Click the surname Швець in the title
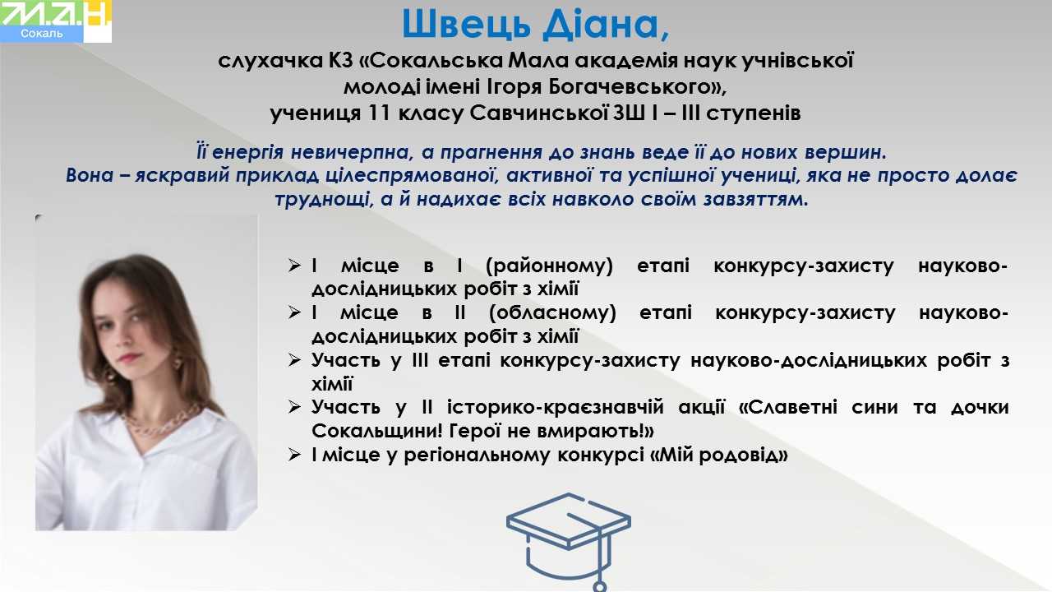click(x=466, y=25)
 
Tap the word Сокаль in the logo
click(x=41, y=34)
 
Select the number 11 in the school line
click(x=380, y=113)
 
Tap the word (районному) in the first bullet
click(x=550, y=266)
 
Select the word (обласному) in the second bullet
click(x=552, y=313)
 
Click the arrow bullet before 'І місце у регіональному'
click(x=294, y=455)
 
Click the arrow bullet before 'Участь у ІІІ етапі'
click(x=294, y=360)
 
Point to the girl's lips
click(x=129, y=358)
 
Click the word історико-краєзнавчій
click(x=556, y=407)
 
